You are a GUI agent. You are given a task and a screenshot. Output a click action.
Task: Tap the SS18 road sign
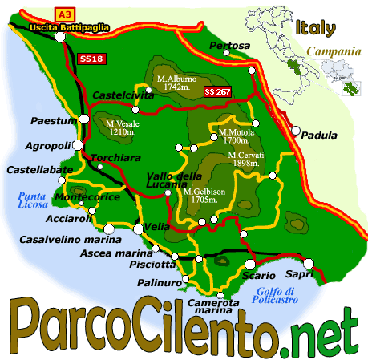[x=91, y=59]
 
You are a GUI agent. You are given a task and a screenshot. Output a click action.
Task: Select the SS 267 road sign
[x=217, y=91]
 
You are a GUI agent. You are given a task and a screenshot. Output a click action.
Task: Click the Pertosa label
[x=229, y=47]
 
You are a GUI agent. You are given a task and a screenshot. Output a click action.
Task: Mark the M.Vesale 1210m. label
[x=123, y=127]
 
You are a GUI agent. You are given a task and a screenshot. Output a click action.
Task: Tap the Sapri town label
[x=319, y=274]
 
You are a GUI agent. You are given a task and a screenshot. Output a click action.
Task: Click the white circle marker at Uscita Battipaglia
[x=60, y=37]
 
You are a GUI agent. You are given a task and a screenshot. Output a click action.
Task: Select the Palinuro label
[x=157, y=283]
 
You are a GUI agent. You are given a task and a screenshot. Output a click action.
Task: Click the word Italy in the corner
[x=314, y=29]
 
